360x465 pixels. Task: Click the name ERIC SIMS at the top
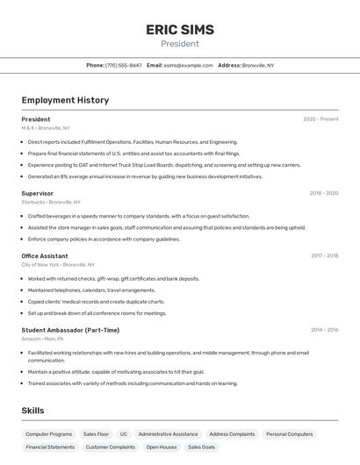tap(179, 30)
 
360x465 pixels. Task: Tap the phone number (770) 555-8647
tap(123, 65)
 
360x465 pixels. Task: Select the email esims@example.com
tap(188, 65)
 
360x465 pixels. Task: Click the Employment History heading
tap(65, 100)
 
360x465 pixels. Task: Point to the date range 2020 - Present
tap(320, 119)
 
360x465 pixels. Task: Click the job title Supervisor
tap(38, 193)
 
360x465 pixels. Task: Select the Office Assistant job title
tap(45, 256)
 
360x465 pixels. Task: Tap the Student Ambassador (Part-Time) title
tap(70, 330)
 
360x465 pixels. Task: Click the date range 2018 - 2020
tap(323, 193)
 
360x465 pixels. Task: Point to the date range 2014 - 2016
tap(324, 330)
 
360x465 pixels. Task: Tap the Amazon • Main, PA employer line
tap(43, 339)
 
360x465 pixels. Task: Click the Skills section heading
tap(32, 411)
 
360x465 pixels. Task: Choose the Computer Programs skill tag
tap(49, 434)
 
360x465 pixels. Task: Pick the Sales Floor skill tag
tap(96, 434)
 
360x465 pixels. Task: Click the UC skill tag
tap(124, 434)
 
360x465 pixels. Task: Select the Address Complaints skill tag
tap(232, 434)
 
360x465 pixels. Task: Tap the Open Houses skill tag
tap(162, 447)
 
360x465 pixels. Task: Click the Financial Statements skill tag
tap(50, 447)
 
